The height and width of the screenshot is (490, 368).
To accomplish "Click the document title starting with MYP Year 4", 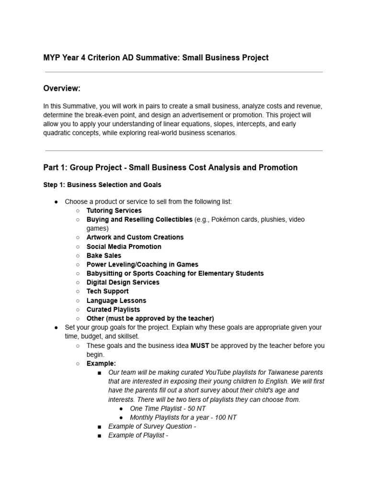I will (x=156, y=57).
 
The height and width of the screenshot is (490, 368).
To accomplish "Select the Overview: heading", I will (x=62, y=88).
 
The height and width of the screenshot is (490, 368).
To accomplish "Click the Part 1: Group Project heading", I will (x=170, y=167).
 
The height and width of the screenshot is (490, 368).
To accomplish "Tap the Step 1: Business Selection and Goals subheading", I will (x=102, y=185).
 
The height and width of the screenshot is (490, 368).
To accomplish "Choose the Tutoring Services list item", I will (x=114, y=211).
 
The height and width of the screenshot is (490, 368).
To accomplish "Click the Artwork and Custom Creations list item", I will (x=135, y=237).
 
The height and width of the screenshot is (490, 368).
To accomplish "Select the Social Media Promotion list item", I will (x=124, y=246).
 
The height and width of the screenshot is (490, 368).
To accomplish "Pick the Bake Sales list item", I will (x=103, y=256).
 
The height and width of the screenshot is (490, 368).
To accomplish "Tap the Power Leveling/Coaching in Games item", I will (x=142, y=265).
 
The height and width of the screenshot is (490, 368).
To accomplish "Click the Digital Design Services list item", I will (x=123, y=282).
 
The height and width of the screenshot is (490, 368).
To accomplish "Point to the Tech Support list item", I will (x=107, y=291).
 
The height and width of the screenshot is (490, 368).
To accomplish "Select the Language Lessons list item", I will (x=116, y=301).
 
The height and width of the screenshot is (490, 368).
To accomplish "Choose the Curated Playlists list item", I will (x=113, y=310).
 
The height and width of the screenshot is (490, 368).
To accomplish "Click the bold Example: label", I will (x=101, y=364).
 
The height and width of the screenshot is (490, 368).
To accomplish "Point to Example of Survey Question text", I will (x=152, y=426).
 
